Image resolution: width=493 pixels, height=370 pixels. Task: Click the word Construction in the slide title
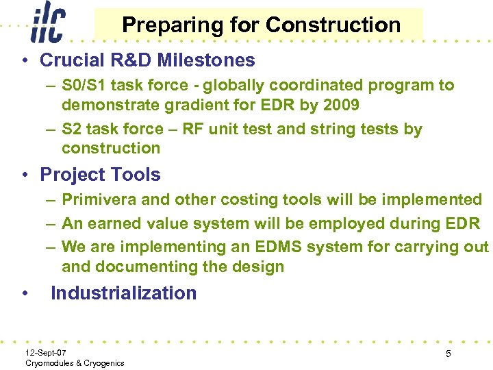click(x=333, y=25)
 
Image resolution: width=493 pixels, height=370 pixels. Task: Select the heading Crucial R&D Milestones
click(x=147, y=60)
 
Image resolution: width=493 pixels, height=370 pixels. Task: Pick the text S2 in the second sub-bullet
click(x=71, y=129)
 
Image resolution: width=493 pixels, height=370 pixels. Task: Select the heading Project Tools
click(x=100, y=175)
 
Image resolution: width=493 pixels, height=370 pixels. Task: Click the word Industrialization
click(x=123, y=293)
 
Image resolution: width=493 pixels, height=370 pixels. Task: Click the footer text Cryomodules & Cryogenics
click(x=75, y=362)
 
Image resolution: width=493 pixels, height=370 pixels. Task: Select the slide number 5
click(x=448, y=354)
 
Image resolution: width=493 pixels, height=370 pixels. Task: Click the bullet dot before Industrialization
click(x=25, y=294)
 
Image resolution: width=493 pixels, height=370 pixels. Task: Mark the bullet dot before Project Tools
click(x=25, y=175)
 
